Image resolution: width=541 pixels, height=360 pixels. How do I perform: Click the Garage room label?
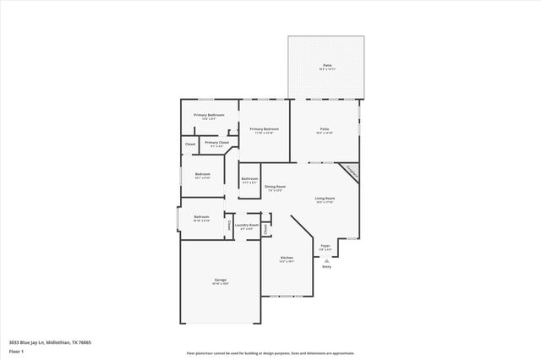[x=220, y=281]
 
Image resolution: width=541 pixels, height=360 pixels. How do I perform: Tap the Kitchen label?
[x=287, y=258]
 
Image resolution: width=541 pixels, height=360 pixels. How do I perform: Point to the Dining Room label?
[x=275, y=187]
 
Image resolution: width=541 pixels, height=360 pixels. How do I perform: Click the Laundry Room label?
[x=247, y=226]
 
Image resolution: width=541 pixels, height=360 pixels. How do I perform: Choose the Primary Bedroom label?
[x=264, y=129]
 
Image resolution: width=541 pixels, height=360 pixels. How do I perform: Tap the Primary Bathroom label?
[x=209, y=115]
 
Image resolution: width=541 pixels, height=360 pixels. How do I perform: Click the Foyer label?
[x=325, y=247]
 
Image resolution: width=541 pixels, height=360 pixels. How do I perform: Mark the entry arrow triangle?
[x=326, y=260]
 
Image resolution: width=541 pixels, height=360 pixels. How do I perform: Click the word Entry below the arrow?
[x=326, y=267]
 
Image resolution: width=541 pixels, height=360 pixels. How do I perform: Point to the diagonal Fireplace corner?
[x=351, y=172]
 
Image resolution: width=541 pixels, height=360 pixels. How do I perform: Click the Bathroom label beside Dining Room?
[x=249, y=179]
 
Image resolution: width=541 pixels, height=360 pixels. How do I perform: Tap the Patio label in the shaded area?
[x=326, y=65]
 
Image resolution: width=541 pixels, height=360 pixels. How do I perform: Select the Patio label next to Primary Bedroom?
[x=324, y=129]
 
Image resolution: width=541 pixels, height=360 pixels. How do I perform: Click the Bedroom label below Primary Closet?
[x=202, y=174]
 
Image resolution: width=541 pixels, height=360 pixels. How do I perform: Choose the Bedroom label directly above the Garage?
[x=201, y=217]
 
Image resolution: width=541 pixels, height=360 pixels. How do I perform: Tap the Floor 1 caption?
[x=16, y=350]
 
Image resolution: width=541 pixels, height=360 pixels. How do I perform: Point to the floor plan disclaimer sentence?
[x=270, y=353]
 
